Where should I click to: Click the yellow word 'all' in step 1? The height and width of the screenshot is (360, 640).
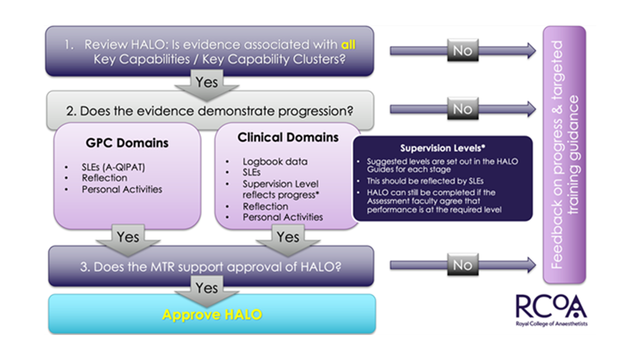[348, 44]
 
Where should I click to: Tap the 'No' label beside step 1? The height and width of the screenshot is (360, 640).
[462, 50]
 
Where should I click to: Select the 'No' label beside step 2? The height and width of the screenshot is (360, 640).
[462, 108]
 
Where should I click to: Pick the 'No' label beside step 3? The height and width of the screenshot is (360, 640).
[462, 265]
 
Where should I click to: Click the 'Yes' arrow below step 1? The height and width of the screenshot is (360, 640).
[206, 82]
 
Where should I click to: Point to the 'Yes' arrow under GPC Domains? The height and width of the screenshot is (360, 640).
[127, 237]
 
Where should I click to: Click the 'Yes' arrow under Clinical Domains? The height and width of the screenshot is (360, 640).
[287, 237]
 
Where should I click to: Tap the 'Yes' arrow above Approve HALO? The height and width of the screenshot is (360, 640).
[206, 288]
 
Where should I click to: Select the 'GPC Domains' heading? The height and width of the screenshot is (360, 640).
[127, 143]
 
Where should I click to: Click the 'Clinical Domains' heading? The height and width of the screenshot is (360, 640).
[288, 137]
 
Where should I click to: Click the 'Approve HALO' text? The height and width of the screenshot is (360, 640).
[212, 314]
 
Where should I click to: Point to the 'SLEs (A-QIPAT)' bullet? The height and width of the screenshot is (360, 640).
[113, 167]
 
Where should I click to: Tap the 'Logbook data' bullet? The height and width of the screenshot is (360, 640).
[275, 161]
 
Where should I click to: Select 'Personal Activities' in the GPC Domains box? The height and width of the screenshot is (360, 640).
[122, 189]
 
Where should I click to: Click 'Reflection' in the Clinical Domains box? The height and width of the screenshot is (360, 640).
[265, 206]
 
